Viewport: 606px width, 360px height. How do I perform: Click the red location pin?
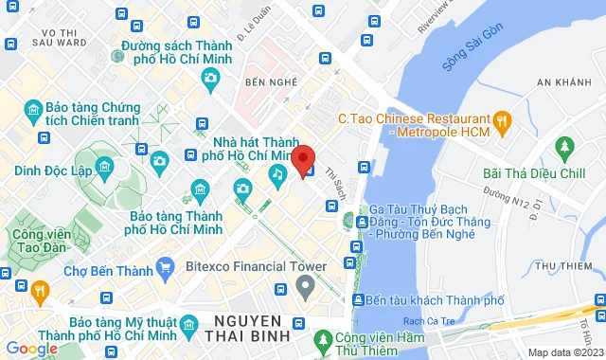[x=302, y=157]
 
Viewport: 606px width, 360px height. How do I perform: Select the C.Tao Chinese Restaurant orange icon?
[x=503, y=120]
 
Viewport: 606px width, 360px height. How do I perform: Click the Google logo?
[x=31, y=348]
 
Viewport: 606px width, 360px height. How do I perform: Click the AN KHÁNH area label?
[x=562, y=83]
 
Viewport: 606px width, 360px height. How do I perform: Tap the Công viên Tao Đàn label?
[x=40, y=241]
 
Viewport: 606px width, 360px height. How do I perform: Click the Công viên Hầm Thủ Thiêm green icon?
[x=324, y=338]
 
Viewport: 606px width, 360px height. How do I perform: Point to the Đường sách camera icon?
[x=116, y=55]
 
